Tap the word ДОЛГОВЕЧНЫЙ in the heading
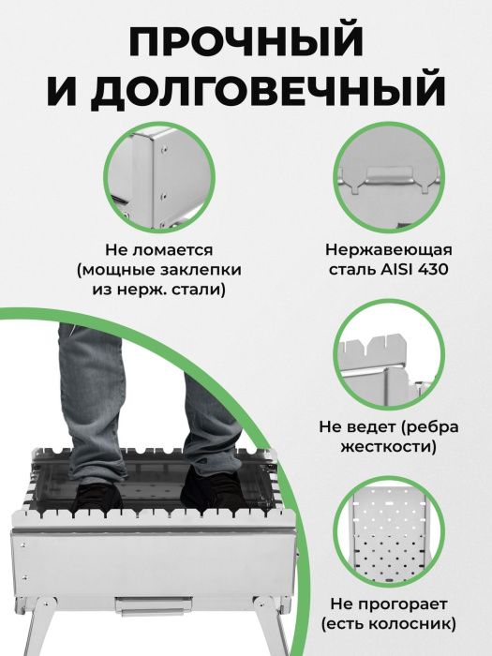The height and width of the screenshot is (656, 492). point(268,90)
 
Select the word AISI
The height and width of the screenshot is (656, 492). point(395,269)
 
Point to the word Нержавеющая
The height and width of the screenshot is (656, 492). point(389,250)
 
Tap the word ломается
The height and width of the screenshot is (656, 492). point(172,250)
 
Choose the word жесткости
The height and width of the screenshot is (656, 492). point(389,446)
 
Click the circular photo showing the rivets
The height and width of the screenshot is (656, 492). point(159,177)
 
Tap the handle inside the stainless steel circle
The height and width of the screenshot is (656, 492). point(389,175)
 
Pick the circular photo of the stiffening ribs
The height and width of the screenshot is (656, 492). point(389,355)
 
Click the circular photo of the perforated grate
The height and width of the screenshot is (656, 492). point(389,532)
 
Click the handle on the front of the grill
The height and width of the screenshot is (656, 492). point(153,605)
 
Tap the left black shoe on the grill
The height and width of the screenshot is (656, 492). point(97,497)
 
